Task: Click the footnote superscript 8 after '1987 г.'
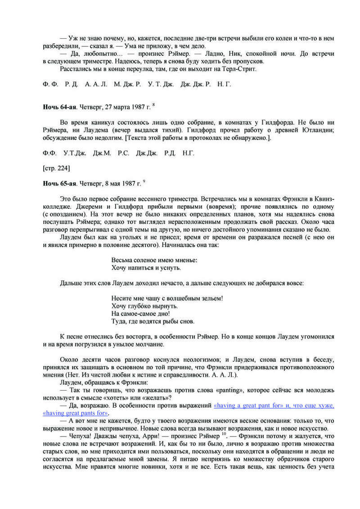153,105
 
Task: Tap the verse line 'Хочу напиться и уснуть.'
139,268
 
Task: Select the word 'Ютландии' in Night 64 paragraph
320,130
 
